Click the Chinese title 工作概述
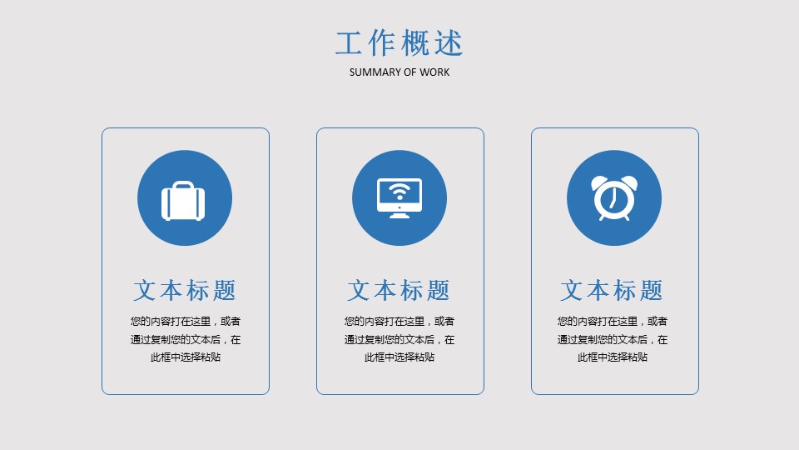click(x=399, y=42)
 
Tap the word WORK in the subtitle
click(x=434, y=72)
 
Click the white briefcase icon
click(x=183, y=201)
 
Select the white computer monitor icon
click(x=399, y=198)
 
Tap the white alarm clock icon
click(x=614, y=198)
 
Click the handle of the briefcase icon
click(x=183, y=185)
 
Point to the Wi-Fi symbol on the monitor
click(x=399, y=192)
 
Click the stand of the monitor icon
click(x=399, y=215)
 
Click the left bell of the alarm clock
click(x=598, y=182)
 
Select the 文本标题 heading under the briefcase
click(x=185, y=290)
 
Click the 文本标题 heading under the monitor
click(x=399, y=290)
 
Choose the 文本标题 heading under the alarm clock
click(x=612, y=290)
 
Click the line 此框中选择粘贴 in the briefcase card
click(x=186, y=357)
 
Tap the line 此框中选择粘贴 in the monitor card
click(x=399, y=357)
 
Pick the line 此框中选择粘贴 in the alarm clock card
click(x=613, y=357)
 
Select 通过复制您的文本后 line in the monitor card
click(x=390, y=339)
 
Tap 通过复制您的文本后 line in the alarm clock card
click(x=603, y=339)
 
